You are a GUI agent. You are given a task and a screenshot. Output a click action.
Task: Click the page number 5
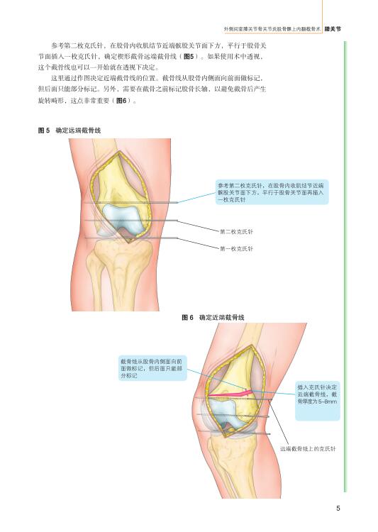338,508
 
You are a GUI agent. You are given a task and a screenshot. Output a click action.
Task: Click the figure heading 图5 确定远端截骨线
70,131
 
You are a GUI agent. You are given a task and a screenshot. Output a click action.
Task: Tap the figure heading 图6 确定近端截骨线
213,318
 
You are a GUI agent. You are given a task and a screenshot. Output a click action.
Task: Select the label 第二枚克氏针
236,232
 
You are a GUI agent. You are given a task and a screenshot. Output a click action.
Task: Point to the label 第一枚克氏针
236,249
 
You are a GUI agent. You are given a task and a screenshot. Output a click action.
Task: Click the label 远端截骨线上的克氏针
308,448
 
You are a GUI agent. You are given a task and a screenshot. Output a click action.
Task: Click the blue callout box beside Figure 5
272,192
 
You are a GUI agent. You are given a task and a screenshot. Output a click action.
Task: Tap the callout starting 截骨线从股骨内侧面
152,368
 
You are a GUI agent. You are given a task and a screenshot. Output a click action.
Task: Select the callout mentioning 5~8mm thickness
317,401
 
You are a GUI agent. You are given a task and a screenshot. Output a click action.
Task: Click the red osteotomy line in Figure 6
230,394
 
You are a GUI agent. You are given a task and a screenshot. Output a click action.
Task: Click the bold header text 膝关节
333,29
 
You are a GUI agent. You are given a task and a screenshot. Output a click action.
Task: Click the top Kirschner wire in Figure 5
131,203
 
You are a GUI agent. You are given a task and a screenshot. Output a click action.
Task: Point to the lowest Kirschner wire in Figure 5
131,238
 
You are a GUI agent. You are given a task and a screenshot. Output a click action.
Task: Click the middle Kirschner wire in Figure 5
131,221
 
